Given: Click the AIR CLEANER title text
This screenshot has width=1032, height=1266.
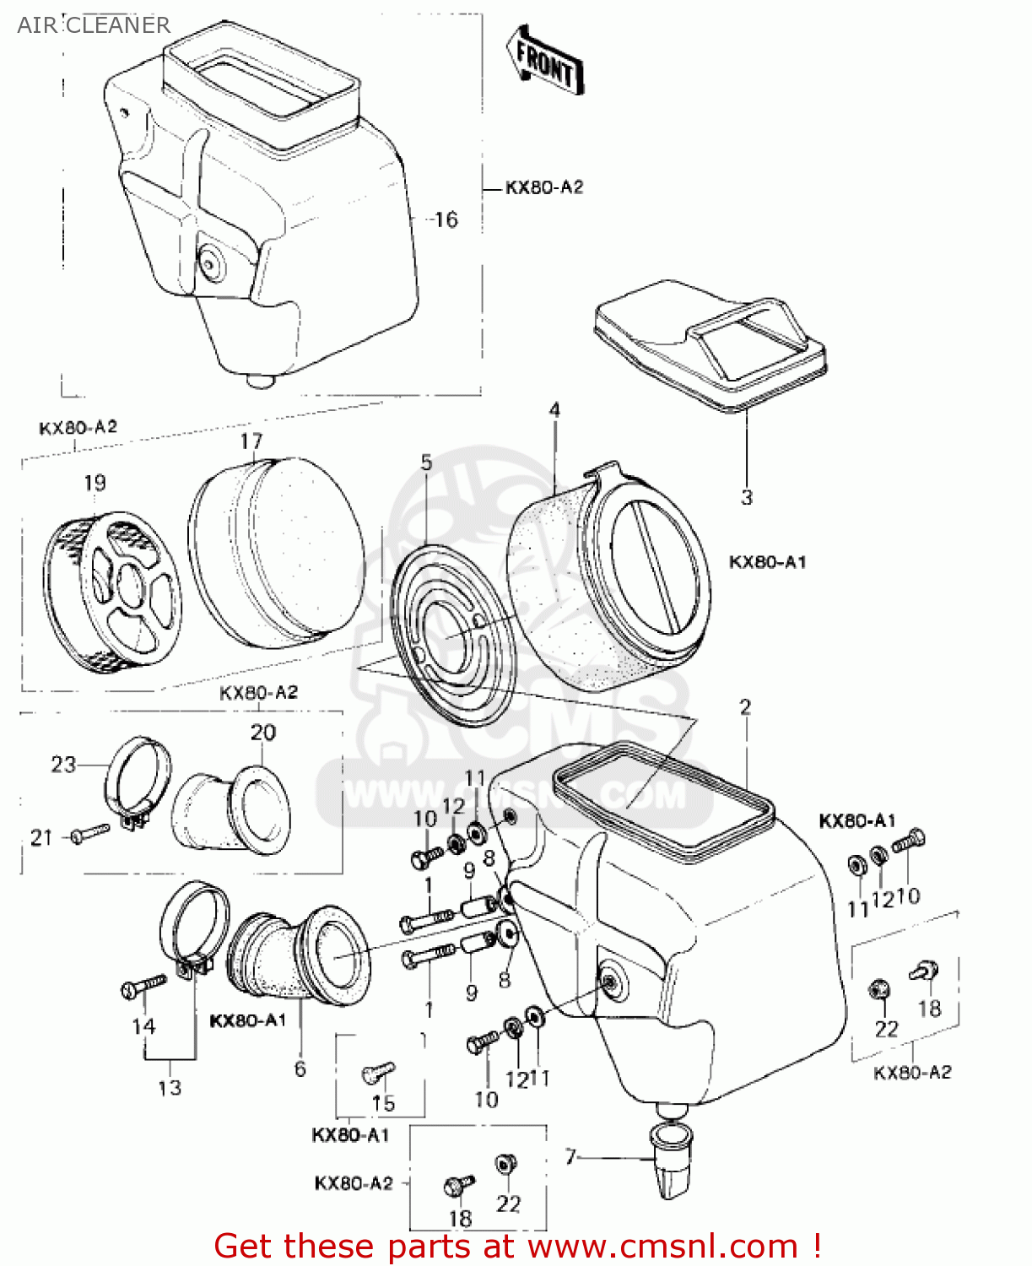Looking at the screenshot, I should tap(93, 25).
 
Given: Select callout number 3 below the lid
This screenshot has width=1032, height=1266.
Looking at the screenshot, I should tap(746, 498).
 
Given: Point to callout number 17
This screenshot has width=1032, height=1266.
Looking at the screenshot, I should tap(251, 441).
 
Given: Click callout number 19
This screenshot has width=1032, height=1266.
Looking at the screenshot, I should tap(95, 483).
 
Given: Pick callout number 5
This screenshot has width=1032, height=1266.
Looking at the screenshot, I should tap(426, 463).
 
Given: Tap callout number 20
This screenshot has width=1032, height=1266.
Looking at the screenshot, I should tap(262, 733).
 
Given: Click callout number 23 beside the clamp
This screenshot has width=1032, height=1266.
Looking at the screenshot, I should tap(63, 765).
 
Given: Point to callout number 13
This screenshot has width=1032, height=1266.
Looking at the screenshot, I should tap(170, 1088).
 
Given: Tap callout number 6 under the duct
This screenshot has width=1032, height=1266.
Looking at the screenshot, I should tap(300, 1069).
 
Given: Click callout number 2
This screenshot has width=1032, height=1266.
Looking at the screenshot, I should tap(745, 707).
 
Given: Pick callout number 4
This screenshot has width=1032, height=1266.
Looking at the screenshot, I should tap(554, 410).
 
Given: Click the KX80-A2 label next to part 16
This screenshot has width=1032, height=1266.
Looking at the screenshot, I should tap(544, 187).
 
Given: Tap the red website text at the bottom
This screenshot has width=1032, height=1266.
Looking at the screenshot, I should tap(517, 1246).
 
